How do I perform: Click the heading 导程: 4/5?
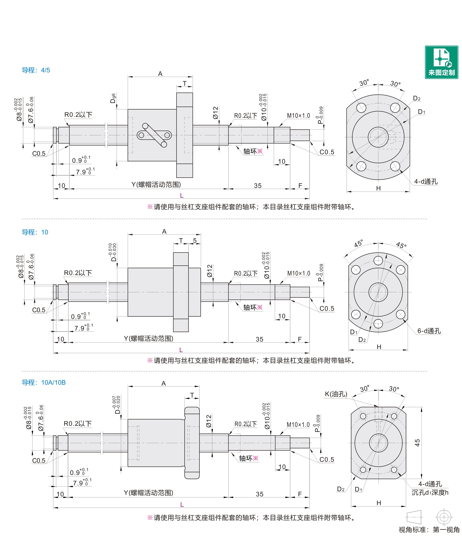tap(36, 70)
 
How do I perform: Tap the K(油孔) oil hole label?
tap(336, 394)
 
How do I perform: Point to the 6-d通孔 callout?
tap(429, 331)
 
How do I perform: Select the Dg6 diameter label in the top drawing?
tap(113, 98)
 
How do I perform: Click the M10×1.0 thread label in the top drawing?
tap(298, 116)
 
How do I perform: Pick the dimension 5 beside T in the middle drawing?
tap(195, 241)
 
